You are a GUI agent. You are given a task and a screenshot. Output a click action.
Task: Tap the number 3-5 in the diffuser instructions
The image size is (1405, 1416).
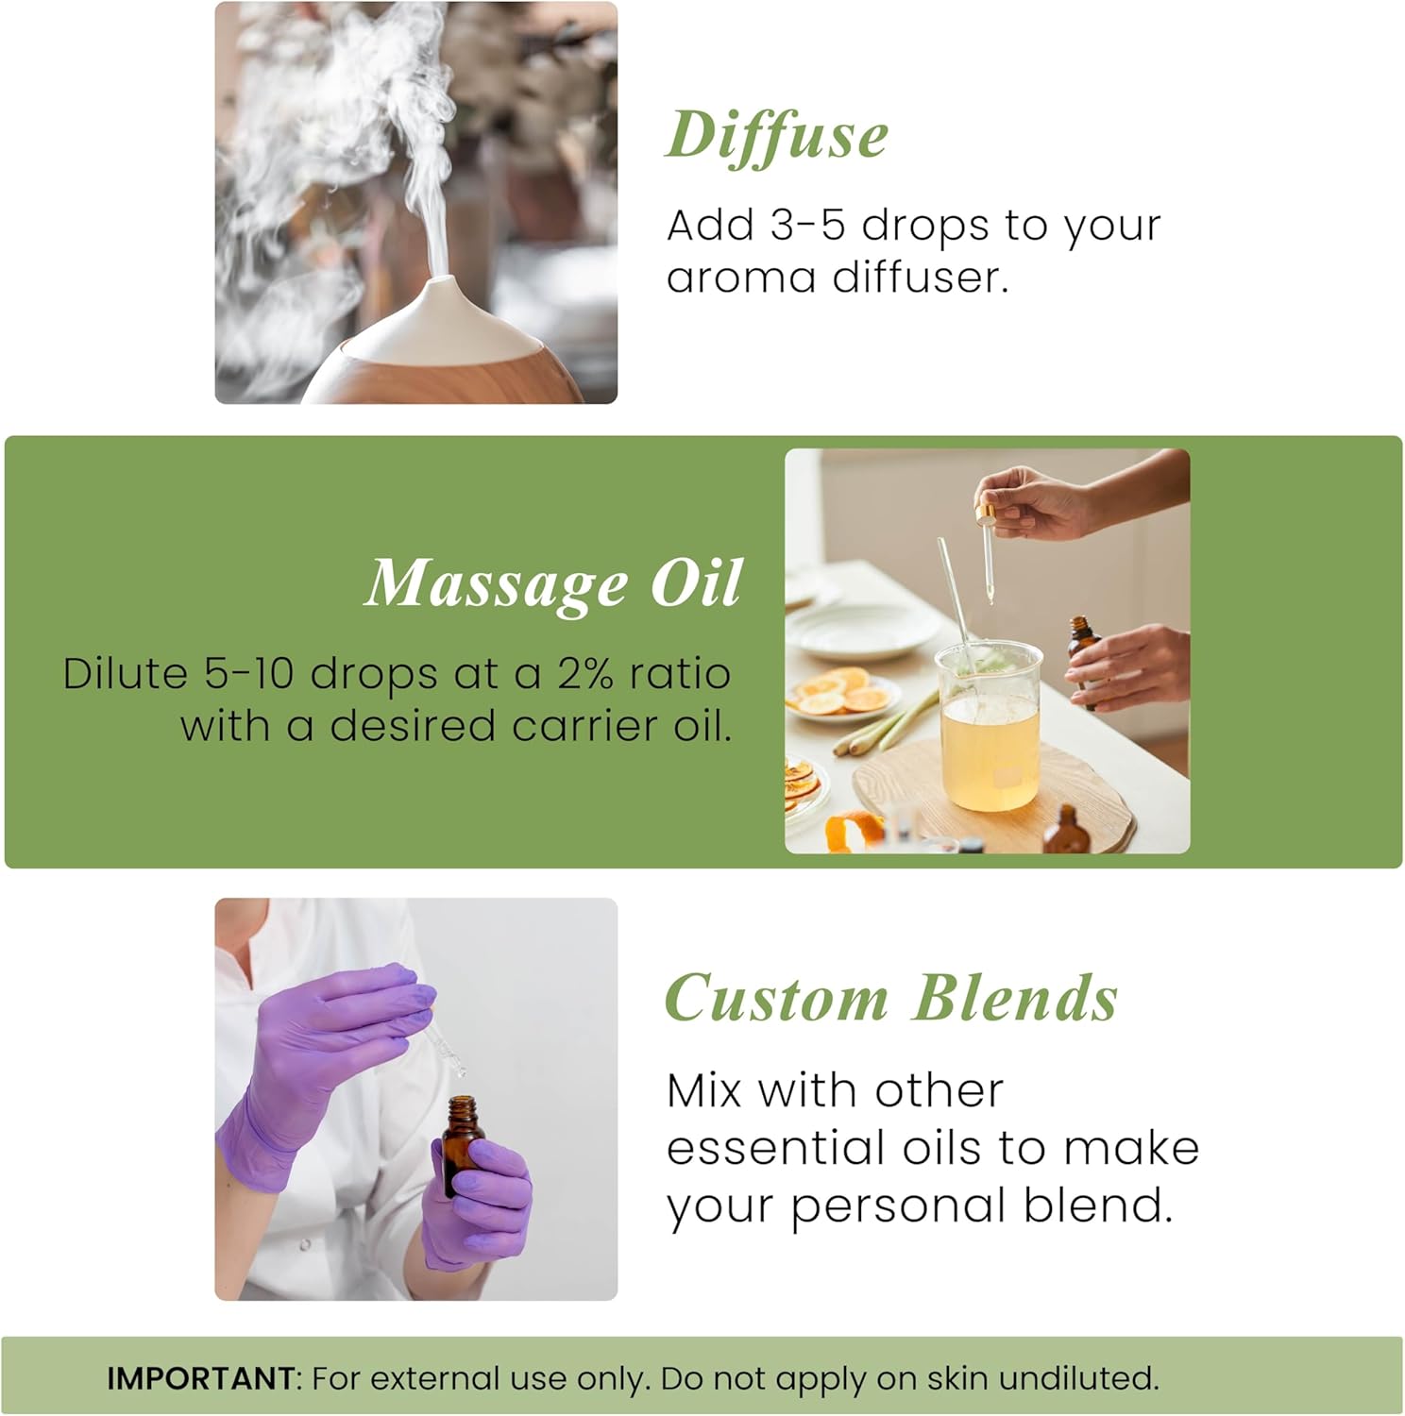click(806, 226)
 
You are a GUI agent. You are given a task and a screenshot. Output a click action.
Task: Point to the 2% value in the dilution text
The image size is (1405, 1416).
click(584, 674)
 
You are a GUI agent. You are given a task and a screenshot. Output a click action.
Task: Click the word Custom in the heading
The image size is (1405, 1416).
click(776, 999)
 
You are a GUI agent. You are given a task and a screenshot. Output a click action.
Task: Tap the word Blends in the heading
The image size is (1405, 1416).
click(1015, 999)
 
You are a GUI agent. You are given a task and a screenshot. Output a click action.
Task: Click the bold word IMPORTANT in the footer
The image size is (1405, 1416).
click(200, 1378)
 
